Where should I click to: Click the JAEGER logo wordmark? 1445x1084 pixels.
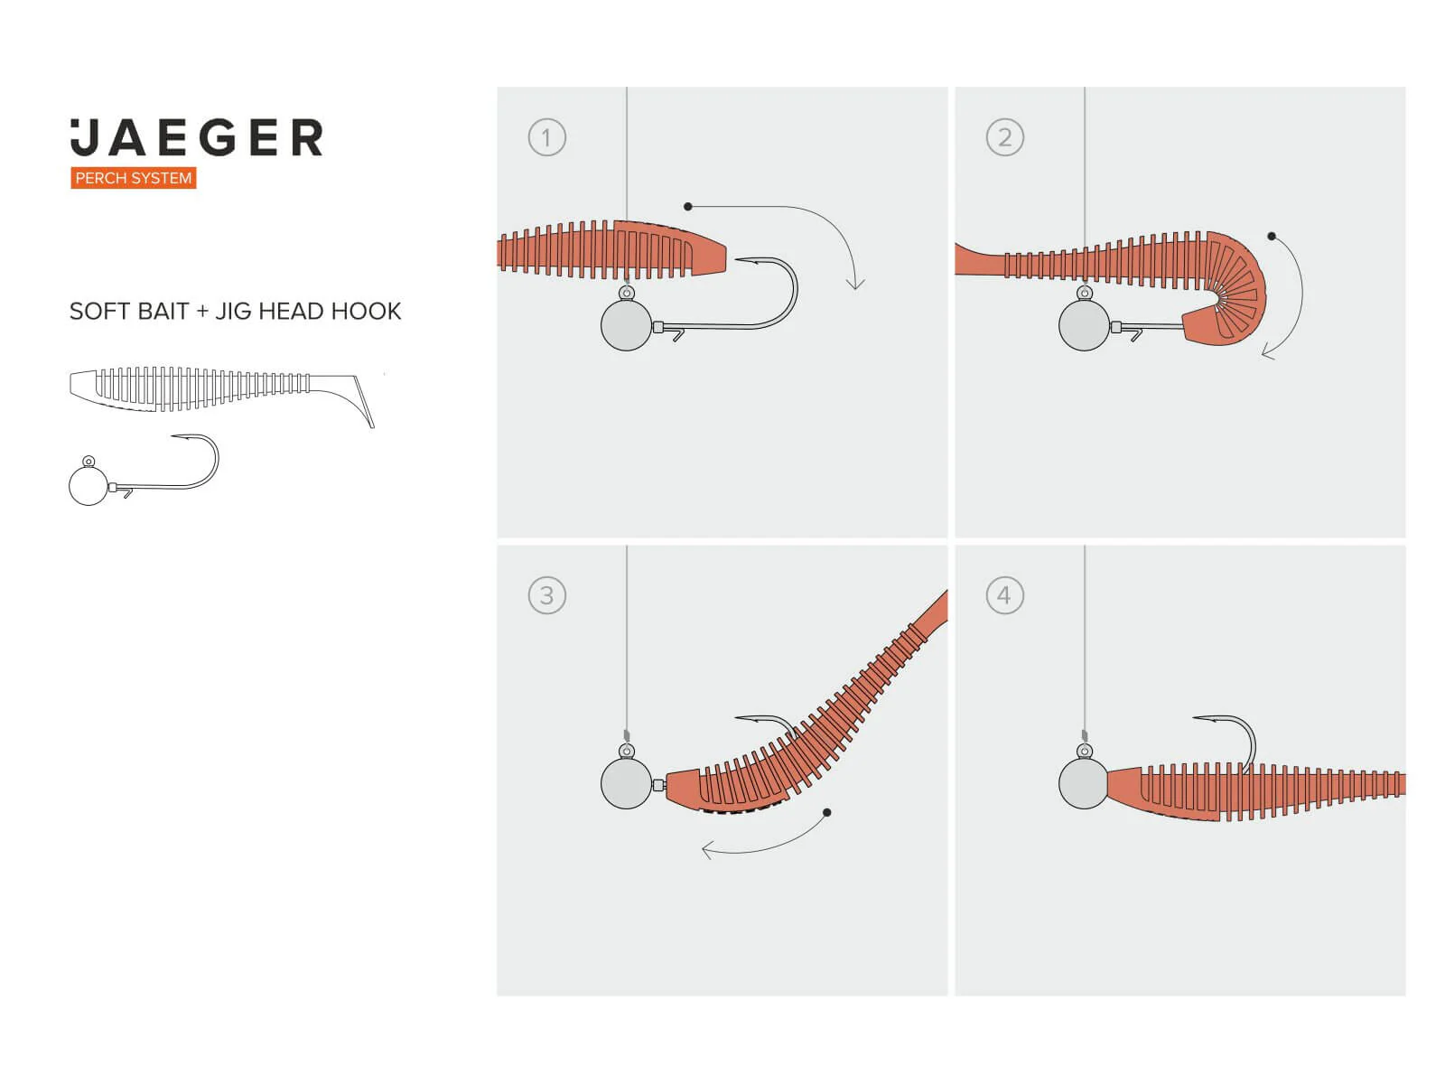(x=196, y=137)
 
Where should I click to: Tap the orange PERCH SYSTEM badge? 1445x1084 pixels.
(x=134, y=178)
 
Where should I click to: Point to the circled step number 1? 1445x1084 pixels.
(x=546, y=137)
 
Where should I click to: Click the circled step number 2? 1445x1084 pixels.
(x=1004, y=137)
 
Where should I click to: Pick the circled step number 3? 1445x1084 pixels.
(x=546, y=595)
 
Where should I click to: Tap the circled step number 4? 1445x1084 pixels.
(x=1004, y=595)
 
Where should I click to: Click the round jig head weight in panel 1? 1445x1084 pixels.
(x=626, y=325)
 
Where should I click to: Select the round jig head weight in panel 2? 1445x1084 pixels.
(x=1085, y=325)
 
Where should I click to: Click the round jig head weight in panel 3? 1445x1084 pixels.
(x=626, y=783)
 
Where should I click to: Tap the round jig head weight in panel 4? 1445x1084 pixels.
(x=1084, y=783)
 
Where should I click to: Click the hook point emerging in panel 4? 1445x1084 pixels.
(x=1195, y=718)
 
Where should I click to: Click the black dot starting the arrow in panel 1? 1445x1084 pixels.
(x=687, y=207)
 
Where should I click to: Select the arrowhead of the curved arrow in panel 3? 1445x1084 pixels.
(x=705, y=850)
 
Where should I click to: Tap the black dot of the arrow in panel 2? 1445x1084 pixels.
(x=1272, y=237)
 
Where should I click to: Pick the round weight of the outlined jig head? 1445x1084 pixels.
(x=89, y=486)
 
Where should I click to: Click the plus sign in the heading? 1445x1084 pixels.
(x=202, y=312)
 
